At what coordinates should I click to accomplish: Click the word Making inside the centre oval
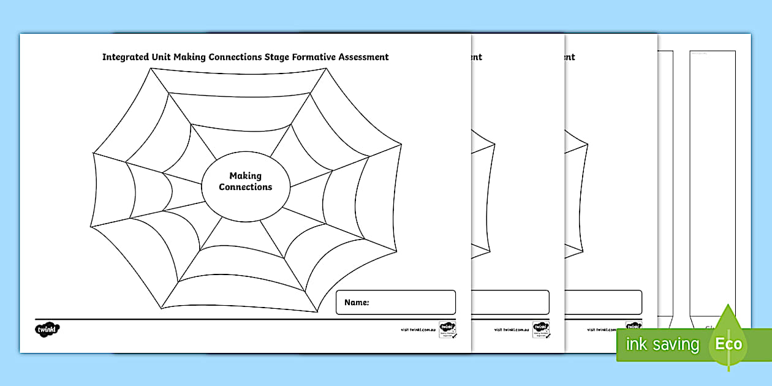[x=245, y=176]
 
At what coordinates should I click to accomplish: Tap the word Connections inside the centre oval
[x=245, y=187]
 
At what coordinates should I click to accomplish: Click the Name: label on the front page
[x=356, y=302]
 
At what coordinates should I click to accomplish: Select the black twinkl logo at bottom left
[x=47, y=330]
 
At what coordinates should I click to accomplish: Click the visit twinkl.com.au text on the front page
[x=418, y=330]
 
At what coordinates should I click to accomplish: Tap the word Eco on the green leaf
[x=729, y=344]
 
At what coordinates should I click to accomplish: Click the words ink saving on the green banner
[x=662, y=344]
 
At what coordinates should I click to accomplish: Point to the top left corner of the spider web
[x=150, y=68]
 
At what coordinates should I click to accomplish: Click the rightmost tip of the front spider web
[x=402, y=145]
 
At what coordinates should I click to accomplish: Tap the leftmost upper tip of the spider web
[x=93, y=152]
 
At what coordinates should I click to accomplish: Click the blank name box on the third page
[x=603, y=302]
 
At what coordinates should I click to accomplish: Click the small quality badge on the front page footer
[x=447, y=329]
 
